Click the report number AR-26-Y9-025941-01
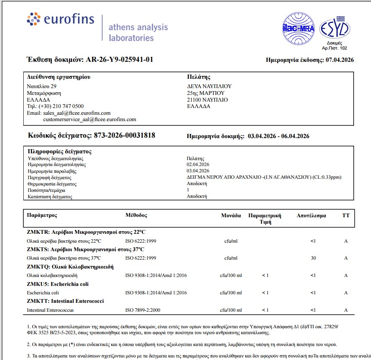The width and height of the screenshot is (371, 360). tap(120, 60)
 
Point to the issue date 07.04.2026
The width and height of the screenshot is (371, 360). tap(340, 60)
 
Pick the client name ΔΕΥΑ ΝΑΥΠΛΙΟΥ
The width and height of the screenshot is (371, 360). tap(209, 86)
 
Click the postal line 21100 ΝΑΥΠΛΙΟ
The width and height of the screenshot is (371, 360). tap(207, 100)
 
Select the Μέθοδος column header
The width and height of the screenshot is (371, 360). tap(136, 215)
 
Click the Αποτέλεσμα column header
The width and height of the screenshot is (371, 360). tap(311, 216)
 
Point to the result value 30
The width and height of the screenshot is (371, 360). tap(313, 258)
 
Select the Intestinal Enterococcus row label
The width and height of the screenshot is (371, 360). tap(50, 310)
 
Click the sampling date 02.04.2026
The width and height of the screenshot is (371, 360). tap(198, 164)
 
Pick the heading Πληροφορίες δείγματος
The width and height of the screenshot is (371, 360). tap(59, 151)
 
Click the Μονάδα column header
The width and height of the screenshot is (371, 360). tap(231, 216)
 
